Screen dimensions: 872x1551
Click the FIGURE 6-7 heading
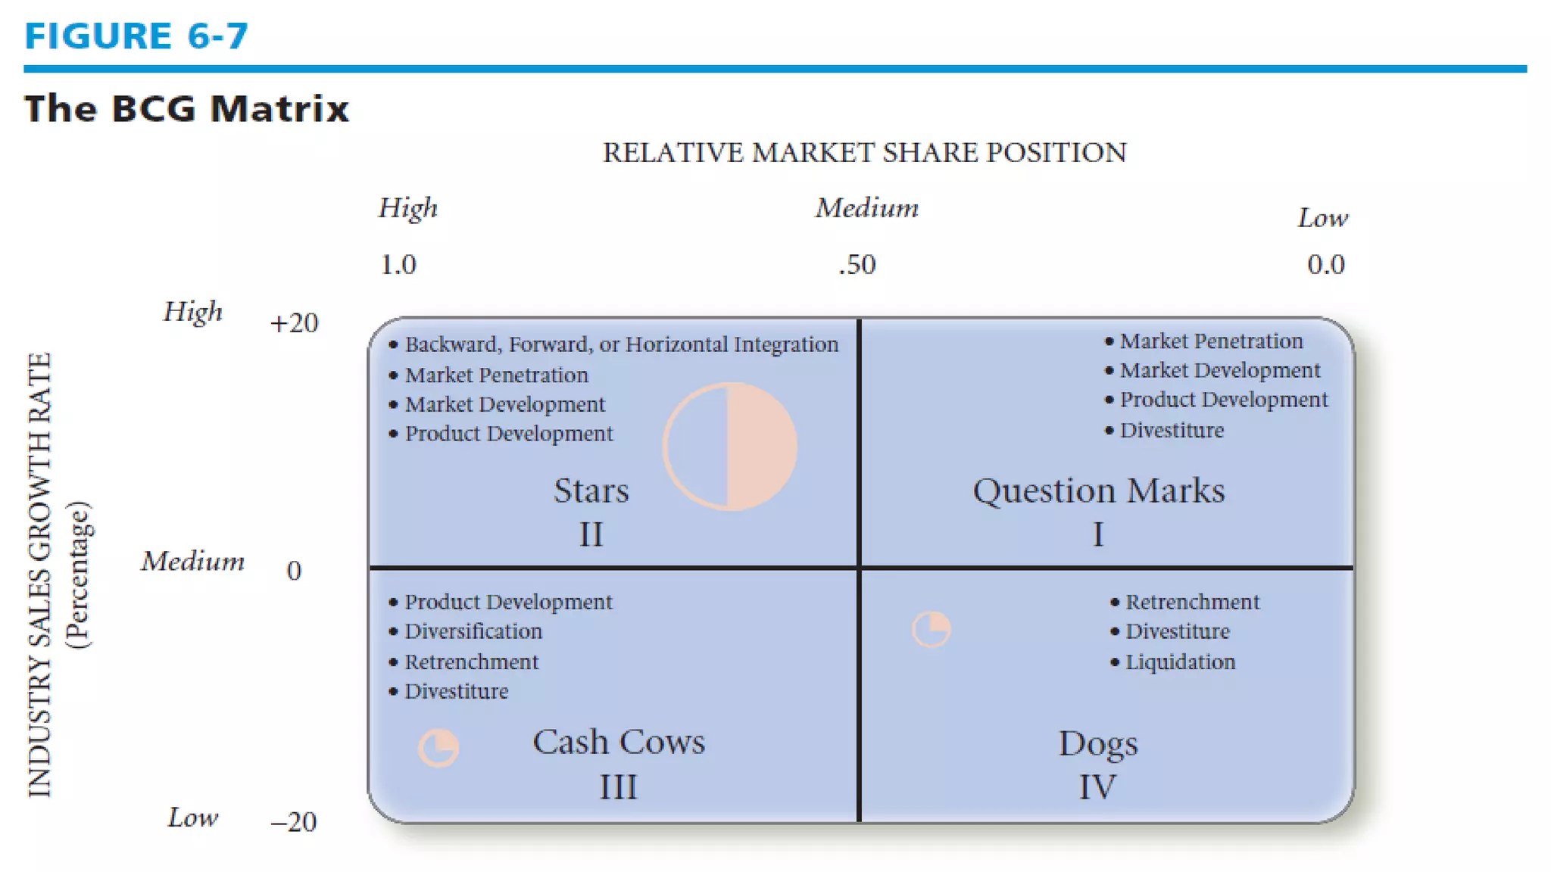pyautogui.click(x=136, y=36)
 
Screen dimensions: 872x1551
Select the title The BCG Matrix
pyautogui.click(x=186, y=108)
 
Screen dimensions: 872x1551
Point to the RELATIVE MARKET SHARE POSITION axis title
pyautogui.click(x=864, y=153)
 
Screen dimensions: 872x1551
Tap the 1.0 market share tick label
pyautogui.click(x=398, y=265)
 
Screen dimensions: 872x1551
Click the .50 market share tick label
pyautogui.click(x=857, y=265)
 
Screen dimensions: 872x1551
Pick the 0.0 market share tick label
pyautogui.click(x=1325, y=265)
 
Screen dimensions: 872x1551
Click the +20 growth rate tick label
pyautogui.click(x=294, y=323)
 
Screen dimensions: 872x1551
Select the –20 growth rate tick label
pyautogui.click(x=294, y=822)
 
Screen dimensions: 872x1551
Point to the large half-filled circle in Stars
pyautogui.click(x=730, y=447)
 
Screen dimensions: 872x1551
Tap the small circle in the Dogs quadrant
pyautogui.click(x=932, y=629)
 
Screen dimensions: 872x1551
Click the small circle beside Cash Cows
pyautogui.click(x=438, y=748)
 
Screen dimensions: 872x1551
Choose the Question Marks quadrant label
pyautogui.click(x=1098, y=491)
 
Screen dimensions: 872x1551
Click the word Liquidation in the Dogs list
pyautogui.click(x=1180, y=662)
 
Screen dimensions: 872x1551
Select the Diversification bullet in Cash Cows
pyautogui.click(x=473, y=631)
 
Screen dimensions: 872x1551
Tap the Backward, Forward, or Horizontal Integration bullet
pyautogui.click(x=621, y=344)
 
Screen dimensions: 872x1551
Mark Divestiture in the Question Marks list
pyautogui.click(x=1171, y=431)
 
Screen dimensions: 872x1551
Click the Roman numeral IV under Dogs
pyautogui.click(x=1097, y=787)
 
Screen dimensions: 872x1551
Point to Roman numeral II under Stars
pyautogui.click(x=591, y=535)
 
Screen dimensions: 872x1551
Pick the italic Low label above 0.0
pyautogui.click(x=1322, y=218)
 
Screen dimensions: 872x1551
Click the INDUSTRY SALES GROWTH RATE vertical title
pyautogui.click(x=40, y=575)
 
